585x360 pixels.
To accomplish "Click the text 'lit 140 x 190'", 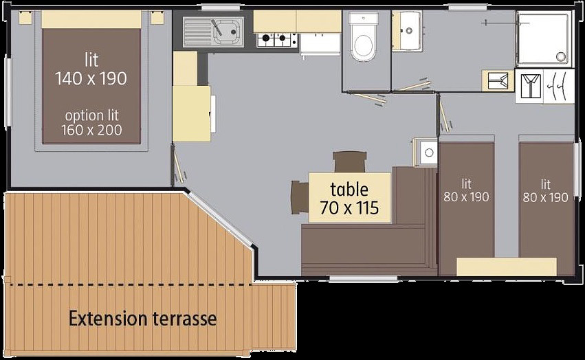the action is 91,69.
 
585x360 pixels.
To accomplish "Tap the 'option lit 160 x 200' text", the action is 91,123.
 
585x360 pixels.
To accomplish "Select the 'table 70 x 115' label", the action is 350,199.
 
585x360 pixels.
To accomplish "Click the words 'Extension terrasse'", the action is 142,319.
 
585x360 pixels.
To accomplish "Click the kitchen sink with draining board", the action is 213,32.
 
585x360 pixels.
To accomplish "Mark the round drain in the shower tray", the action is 560,57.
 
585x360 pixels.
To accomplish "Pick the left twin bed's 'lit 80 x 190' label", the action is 466,190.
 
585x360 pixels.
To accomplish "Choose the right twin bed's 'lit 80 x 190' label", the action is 545,190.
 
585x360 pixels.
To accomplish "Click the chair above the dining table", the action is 350,162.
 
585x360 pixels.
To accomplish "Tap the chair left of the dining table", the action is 300,197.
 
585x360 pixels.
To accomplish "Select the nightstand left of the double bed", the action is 25,18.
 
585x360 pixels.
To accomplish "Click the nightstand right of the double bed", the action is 157,18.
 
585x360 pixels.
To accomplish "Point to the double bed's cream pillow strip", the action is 91,19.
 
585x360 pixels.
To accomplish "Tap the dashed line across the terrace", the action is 130,285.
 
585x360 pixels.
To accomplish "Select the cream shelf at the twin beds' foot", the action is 507,267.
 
